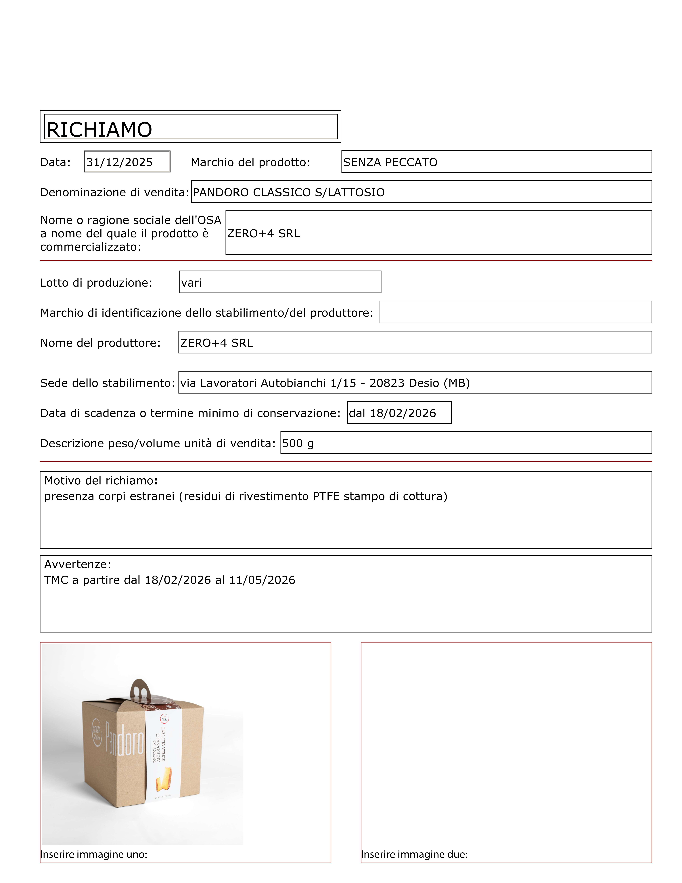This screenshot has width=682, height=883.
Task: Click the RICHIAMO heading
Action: click(x=99, y=130)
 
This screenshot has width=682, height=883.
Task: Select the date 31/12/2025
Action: click(x=120, y=162)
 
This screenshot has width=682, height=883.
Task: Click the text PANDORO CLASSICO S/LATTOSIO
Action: click(x=288, y=192)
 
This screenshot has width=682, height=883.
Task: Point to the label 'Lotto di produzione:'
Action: click(x=96, y=283)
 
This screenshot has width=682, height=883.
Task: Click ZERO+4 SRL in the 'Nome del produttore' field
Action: click(x=217, y=343)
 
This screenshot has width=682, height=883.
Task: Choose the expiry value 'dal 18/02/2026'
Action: click(x=392, y=413)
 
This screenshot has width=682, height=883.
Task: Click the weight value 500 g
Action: click(x=298, y=444)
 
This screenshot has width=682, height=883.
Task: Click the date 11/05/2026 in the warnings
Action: click(x=262, y=580)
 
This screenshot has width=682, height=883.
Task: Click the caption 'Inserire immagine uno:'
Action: click(x=94, y=854)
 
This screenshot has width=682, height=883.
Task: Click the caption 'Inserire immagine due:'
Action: click(x=414, y=854)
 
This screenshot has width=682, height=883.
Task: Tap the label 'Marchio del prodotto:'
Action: click(x=250, y=162)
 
